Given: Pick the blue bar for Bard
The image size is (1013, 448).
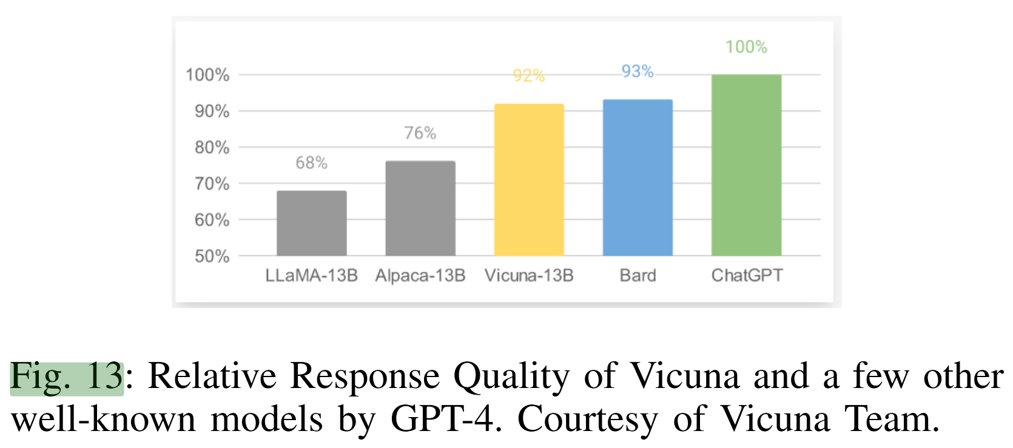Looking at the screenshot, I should pyautogui.click(x=638, y=178).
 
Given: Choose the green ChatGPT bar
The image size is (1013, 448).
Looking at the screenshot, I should pyautogui.click(x=746, y=165).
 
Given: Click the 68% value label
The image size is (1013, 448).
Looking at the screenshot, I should pyautogui.click(x=312, y=162).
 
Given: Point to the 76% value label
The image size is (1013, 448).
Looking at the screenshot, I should pyautogui.click(x=420, y=133).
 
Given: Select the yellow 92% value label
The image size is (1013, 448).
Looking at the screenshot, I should pyautogui.click(x=529, y=76).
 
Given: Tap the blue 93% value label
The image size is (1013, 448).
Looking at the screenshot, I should pyautogui.click(x=638, y=72).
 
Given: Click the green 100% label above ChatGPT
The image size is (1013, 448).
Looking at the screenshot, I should pyautogui.click(x=746, y=47).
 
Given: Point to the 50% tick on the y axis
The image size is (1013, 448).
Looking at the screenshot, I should pyautogui.click(x=212, y=256).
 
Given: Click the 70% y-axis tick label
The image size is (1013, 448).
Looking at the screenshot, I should pyautogui.click(x=212, y=184).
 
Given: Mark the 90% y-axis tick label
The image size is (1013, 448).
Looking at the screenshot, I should pyautogui.click(x=212, y=112).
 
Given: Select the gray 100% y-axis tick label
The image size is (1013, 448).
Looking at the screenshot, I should pyautogui.click(x=207, y=75).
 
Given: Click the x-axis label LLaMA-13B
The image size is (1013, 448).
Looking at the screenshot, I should pyautogui.click(x=312, y=276).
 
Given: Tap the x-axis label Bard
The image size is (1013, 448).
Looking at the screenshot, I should pyautogui.click(x=638, y=276).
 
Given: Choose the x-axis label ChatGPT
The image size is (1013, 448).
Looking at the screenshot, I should pyautogui.click(x=747, y=276).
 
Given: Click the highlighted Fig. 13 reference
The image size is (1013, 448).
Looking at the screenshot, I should pyautogui.click(x=67, y=377).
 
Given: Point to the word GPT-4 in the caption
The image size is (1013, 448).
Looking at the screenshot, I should pyautogui.click(x=446, y=419).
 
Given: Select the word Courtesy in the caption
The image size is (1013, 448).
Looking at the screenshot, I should pyautogui.click(x=587, y=419).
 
